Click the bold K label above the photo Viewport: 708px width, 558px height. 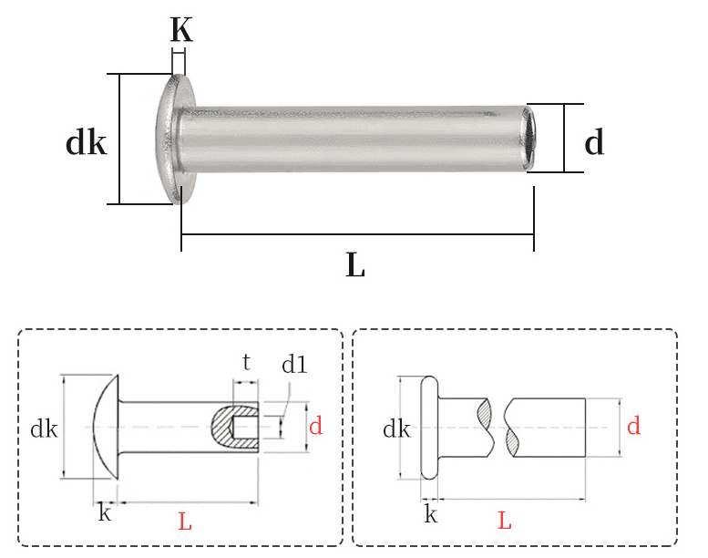tap(181, 30)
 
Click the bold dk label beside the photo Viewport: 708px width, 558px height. tap(87, 143)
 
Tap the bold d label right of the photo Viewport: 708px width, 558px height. tap(594, 142)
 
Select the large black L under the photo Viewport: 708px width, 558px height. tap(355, 265)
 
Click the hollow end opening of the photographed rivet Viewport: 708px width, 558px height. tap(529, 139)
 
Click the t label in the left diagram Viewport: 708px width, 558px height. tap(246, 362)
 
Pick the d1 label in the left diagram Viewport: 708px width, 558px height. tap(294, 366)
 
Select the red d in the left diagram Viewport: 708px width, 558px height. tap(315, 426)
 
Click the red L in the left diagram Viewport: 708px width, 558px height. tap(185, 522)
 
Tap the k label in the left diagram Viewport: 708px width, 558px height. tap(105, 513)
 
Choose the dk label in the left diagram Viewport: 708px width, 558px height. tap(44, 428)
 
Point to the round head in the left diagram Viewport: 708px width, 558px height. tap(107, 426)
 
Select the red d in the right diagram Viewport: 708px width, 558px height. tap(633, 425)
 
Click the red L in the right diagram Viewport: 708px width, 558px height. tap(505, 522)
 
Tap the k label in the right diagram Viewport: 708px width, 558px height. tap(431, 515)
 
